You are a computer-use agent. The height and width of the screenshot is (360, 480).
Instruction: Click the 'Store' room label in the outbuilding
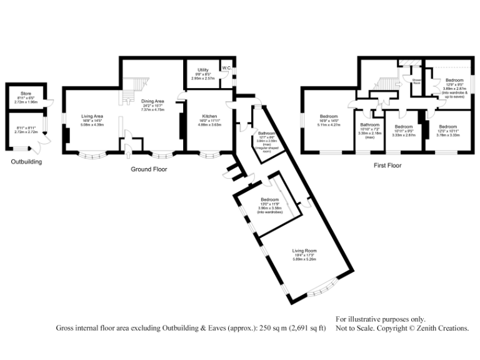25,94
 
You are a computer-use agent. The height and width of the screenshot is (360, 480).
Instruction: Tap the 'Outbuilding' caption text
27,162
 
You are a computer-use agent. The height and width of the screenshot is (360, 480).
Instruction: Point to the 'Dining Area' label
152,101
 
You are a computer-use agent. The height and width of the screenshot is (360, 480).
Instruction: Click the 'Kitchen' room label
209,116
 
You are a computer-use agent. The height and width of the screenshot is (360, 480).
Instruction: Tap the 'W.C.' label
226,67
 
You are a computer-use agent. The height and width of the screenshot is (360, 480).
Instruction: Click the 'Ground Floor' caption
147,169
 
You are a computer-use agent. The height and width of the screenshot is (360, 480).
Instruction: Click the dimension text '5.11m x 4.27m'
329,124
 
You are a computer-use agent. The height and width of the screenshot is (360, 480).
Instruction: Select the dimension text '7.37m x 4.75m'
152,109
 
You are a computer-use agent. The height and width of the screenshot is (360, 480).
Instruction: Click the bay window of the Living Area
92,154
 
